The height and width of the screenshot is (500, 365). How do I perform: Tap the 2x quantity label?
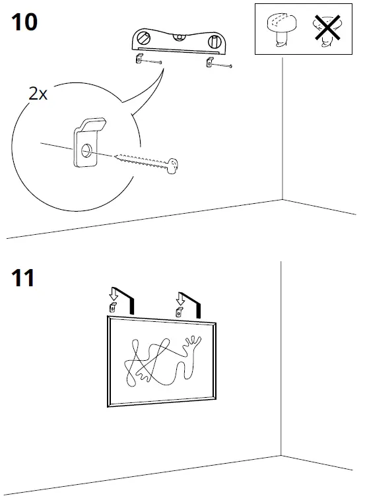[38, 94]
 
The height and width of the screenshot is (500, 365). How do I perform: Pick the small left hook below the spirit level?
[139, 60]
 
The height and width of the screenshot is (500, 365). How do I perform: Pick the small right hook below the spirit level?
[209, 63]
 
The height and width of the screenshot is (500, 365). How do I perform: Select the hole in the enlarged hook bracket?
[87, 152]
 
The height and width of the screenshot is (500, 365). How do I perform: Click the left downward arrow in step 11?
[113, 294]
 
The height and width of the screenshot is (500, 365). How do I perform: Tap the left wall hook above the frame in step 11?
[113, 308]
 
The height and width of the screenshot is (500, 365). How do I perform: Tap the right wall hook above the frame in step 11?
[178, 312]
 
